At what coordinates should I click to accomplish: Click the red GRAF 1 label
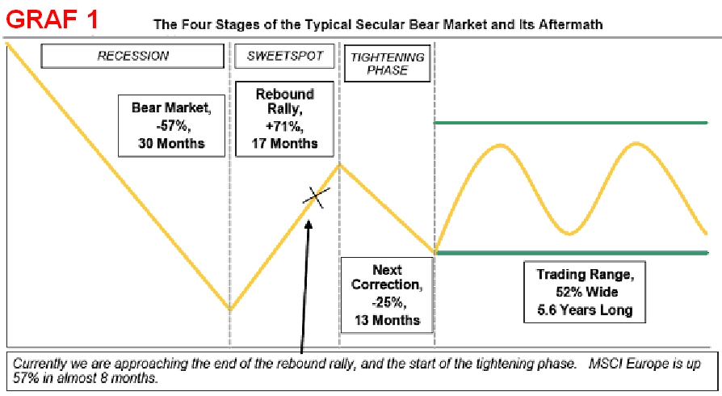pos(52,19)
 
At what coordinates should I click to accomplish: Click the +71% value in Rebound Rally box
pos(284,126)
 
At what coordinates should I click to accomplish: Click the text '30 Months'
pos(171,143)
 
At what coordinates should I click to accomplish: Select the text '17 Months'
pos(284,143)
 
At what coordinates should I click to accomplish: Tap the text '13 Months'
pos(387,320)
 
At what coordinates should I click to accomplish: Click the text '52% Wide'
pos(586,292)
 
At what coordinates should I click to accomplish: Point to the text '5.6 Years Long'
pos(585,310)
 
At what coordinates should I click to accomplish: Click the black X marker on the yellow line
pos(316,197)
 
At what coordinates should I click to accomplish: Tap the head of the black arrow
pos(309,224)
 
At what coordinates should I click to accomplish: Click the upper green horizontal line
pos(570,123)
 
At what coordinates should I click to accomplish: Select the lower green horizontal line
pos(572,253)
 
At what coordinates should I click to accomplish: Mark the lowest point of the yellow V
pos(230,310)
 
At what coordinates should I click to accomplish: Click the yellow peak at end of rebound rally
pos(340,165)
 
